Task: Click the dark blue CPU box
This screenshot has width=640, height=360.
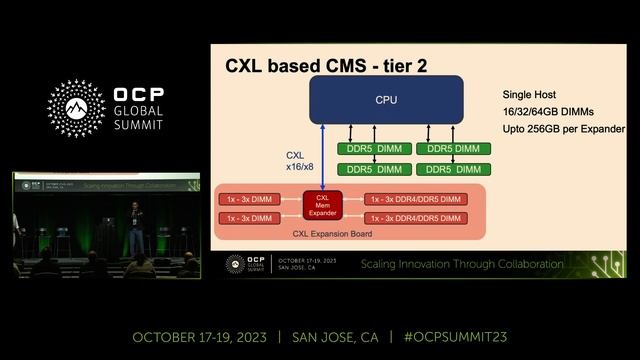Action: [x=385, y=100]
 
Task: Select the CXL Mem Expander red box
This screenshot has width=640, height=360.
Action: [x=322, y=204]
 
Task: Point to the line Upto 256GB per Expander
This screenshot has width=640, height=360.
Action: [x=563, y=129]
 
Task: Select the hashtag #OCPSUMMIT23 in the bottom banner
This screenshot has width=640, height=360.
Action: [x=456, y=336]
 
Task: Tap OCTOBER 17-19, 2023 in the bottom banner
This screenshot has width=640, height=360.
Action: [x=200, y=336]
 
